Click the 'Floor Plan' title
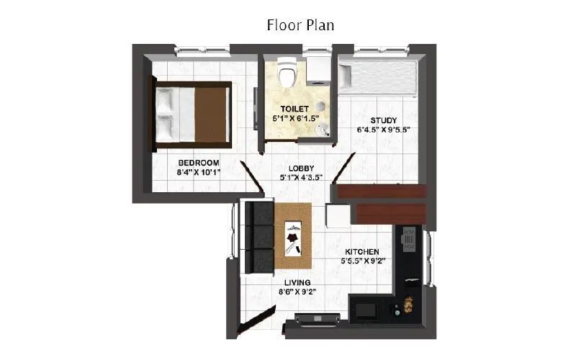coord(300,25)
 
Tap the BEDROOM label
coord(199,163)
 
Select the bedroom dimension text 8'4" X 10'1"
coord(199,173)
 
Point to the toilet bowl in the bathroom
coord(288,74)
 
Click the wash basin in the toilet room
coord(323,130)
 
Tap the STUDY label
coord(384,120)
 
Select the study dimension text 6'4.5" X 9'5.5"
coord(384,130)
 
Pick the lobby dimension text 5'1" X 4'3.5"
coord(301,177)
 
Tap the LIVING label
coord(297,282)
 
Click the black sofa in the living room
coord(258,237)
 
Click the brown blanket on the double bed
coord(212,115)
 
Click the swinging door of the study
coord(344,168)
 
